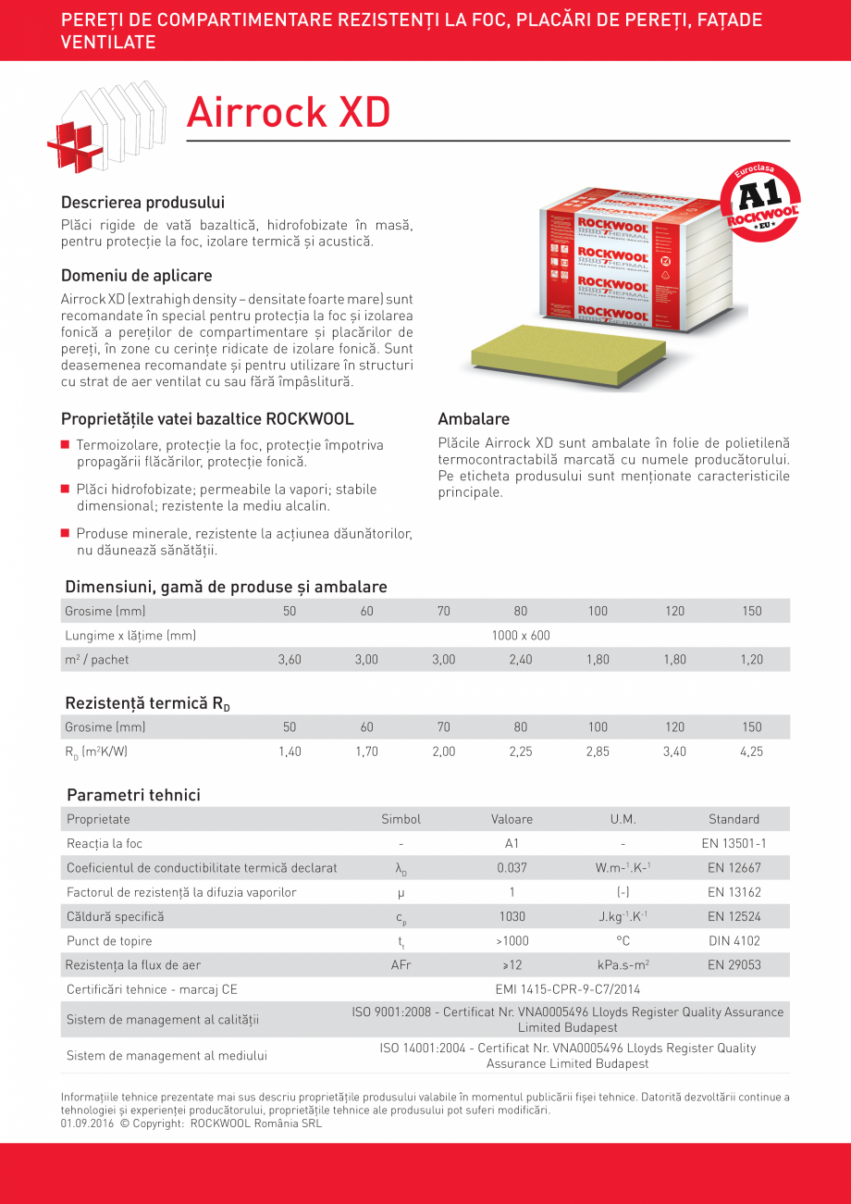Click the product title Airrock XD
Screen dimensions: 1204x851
tap(288, 113)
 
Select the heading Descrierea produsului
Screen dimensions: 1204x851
tap(142, 202)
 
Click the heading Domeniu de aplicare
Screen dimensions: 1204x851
tap(136, 275)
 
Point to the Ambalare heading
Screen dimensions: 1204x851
tap(474, 418)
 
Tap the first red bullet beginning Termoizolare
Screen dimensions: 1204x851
tap(66, 445)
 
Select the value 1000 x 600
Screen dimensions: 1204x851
tap(521, 636)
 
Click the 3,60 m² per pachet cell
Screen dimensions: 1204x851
tap(290, 660)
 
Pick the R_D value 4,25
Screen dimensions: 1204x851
tap(751, 751)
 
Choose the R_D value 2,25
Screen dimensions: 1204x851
tap(521, 751)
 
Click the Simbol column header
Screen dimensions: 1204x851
tap(401, 819)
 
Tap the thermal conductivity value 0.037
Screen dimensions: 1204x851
tap(512, 868)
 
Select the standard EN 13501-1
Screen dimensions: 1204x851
tap(734, 844)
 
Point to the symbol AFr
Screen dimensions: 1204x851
tap(401, 965)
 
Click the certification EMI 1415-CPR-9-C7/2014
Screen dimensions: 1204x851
tap(567, 989)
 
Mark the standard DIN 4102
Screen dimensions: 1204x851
tap(734, 941)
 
